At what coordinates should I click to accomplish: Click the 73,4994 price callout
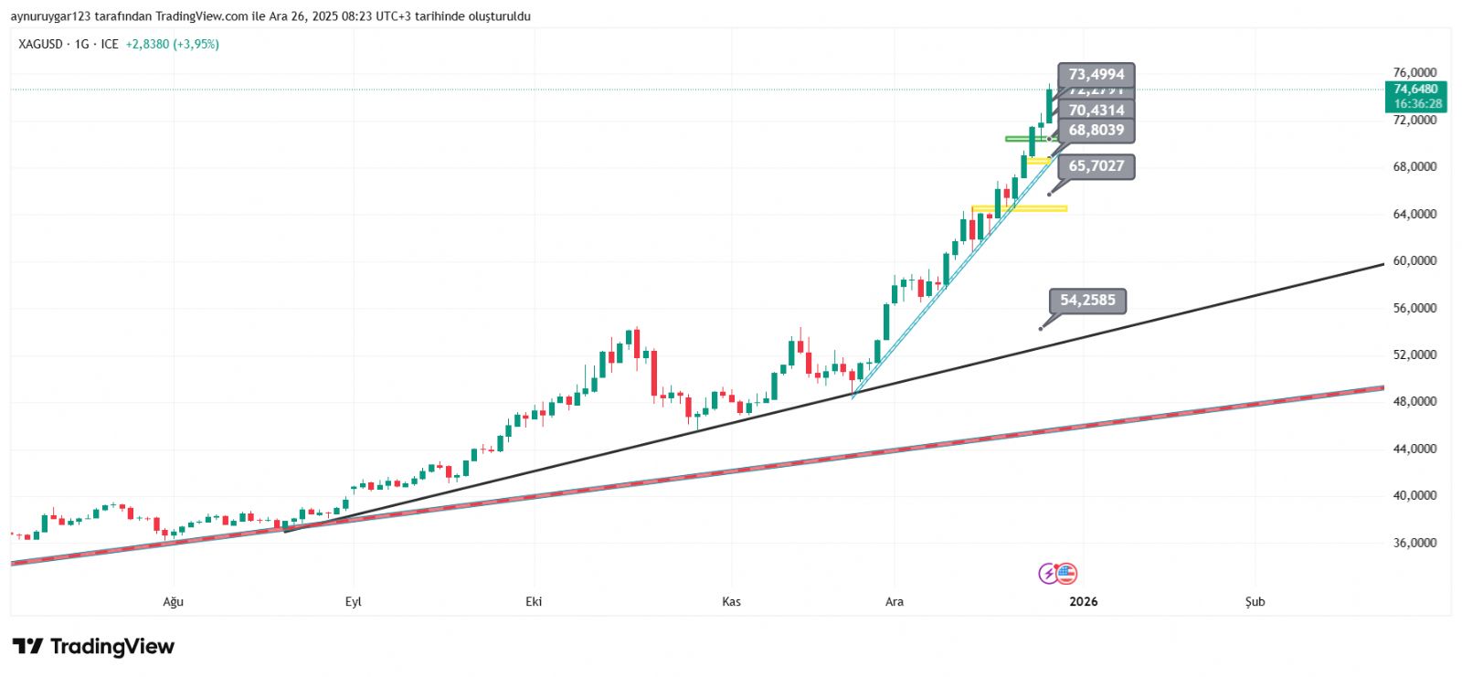click(1096, 75)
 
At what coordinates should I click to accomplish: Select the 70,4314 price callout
click(1096, 111)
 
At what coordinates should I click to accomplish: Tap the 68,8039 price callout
click(1096, 131)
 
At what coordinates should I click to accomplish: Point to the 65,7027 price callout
click(1096, 166)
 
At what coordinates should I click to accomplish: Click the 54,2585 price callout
click(1087, 300)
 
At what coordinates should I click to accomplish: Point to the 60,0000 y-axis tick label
click(1414, 261)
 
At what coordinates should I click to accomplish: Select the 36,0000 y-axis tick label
click(1414, 543)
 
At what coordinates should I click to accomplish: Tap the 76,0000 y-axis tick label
click(1414, 73)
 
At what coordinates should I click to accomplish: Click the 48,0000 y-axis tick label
click(1414, 402)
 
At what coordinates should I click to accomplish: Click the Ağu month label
click(173, 601)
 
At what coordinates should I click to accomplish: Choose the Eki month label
click(534, 601)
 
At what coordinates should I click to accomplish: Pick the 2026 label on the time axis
click(1083, 601)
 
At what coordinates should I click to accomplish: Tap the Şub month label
click(1255, 601)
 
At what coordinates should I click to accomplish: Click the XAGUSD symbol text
click(40, 44)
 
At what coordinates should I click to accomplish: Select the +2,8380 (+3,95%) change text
click(172, 44)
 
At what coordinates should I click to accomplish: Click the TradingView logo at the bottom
click(93, 647)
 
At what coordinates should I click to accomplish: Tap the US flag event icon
click(1066, 574)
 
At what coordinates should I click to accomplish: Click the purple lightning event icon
click(1048, 574)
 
